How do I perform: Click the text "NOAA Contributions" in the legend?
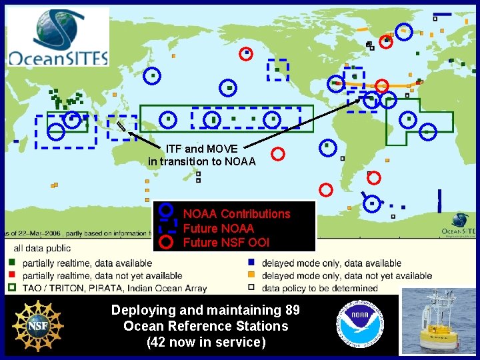point(237,214)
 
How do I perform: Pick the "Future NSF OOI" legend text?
point(226,243)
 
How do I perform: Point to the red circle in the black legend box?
point(167,242)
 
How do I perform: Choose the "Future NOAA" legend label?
point(218,229)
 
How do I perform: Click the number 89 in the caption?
point(291,310)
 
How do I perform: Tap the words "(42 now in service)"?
point(205,343)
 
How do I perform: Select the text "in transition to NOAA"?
point(201,161)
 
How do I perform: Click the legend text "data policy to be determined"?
point(319,288)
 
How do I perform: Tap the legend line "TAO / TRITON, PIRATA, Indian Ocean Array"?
point(115,288)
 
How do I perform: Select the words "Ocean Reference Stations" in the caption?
point(205,327)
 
